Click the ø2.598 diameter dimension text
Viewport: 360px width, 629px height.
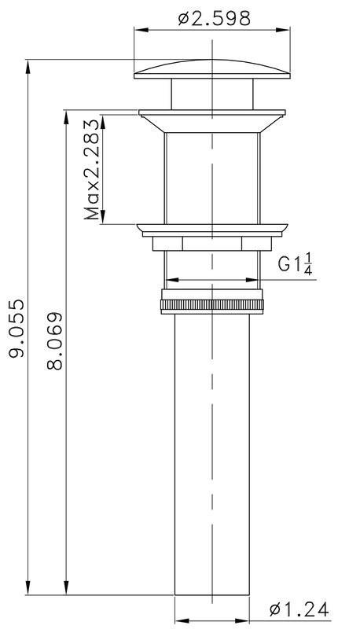click(215, 18)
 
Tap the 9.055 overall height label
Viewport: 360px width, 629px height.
click(17, 327)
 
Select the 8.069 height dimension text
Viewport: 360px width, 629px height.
click(55, 340)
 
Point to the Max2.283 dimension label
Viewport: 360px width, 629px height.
click(92, 169)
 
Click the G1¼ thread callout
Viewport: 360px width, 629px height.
click(296, 263)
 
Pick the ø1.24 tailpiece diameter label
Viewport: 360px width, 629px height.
click(299, 610)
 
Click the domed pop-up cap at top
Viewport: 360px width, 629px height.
click(212, 69)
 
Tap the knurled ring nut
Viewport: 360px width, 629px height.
click(212, 305)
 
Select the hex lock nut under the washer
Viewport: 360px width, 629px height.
click(212, 244)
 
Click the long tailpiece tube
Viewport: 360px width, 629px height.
click(212, 454)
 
